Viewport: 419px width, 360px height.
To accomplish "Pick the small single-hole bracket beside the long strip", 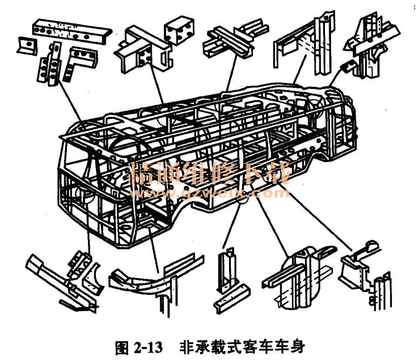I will point(27,45).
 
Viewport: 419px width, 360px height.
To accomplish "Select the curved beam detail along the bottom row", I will point(149,277).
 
